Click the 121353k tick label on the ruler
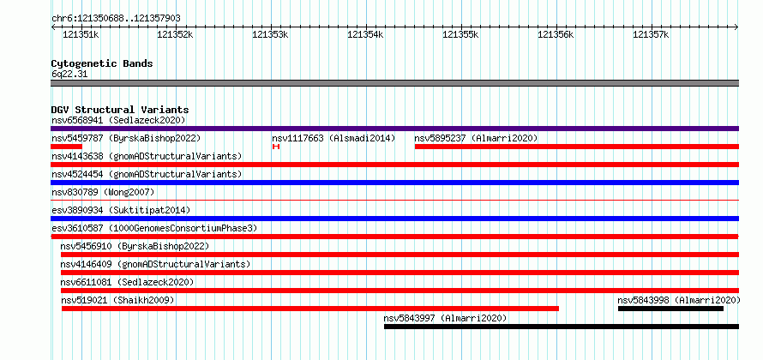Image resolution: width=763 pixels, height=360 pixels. [270, 35]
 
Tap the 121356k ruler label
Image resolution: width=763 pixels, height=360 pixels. [556, 35]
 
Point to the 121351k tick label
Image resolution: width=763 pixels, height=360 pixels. [81, 35]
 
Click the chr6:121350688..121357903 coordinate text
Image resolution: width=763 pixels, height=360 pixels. [117, 19]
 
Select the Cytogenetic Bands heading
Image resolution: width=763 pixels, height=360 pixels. [102, 63]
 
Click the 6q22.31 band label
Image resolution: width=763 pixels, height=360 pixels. [69, 75]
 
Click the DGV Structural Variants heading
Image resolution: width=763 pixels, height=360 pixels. [120, 110]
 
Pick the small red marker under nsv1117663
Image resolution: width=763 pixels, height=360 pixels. [276, 147]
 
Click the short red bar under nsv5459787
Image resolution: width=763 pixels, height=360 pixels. [67, 147]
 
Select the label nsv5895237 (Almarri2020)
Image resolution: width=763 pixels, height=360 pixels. [476, 138]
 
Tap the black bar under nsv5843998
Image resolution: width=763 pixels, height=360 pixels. [670, 309]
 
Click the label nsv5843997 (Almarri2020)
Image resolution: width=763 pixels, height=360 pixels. [445, 318]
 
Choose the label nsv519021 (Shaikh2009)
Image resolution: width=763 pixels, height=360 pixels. [117, 300]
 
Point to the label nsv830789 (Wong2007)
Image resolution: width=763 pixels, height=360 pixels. [103, 192]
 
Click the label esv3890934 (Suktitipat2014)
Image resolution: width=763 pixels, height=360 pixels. [121, 210]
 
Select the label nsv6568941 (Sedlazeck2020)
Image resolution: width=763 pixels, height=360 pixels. [118, 120]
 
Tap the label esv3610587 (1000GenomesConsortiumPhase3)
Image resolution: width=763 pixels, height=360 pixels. [154, 228]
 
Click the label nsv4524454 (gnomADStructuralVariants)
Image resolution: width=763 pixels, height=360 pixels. [147, 174]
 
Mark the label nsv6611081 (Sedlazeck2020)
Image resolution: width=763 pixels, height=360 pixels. [127, 282]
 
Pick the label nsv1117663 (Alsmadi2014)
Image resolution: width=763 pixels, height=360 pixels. [333, 138]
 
